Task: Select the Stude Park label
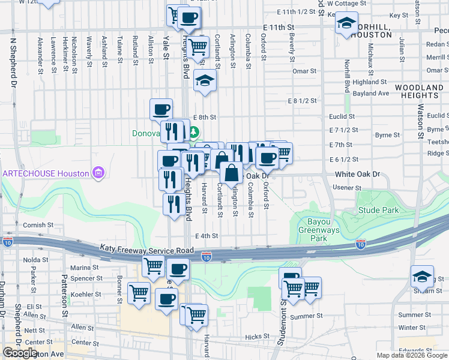point(378,210)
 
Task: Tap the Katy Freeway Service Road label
point(146,249)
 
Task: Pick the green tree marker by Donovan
point(194,131)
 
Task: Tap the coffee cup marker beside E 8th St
point(161,109)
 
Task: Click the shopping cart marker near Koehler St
point(139,293)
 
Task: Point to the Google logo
point(20,353)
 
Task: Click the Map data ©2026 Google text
point(412,355)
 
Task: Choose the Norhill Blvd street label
point(347,76)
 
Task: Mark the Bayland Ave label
point(371,94)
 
